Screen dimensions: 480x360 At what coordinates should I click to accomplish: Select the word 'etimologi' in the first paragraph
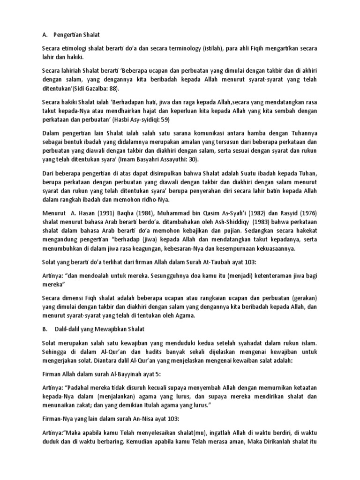75,48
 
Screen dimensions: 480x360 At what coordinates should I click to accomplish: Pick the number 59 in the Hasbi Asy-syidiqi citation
165,120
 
